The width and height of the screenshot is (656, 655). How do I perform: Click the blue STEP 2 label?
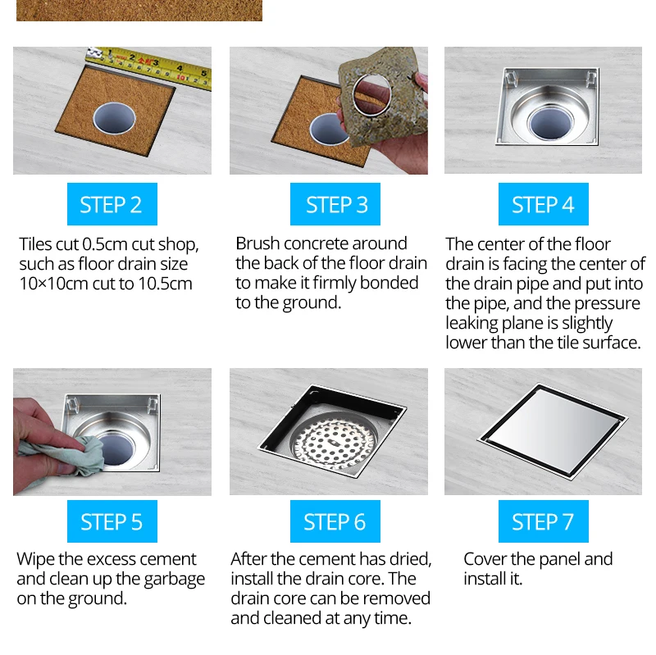(112, 204)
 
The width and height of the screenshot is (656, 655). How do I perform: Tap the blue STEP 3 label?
(335, 204)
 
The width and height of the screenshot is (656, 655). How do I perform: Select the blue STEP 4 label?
(543, 204)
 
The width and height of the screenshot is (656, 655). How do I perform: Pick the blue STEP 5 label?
(112, 521)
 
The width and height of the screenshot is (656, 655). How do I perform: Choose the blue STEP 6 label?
(335, 521)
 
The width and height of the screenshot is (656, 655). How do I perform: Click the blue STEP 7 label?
(543, 521)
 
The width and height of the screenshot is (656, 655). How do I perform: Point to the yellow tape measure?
(149, 67)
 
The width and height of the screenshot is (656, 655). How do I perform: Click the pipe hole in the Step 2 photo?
(114, 118)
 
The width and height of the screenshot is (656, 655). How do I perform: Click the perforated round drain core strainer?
(334, 443)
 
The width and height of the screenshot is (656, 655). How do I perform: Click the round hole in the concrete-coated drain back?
(372, 94)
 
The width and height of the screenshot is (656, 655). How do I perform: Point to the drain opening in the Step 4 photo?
(550, 122)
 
